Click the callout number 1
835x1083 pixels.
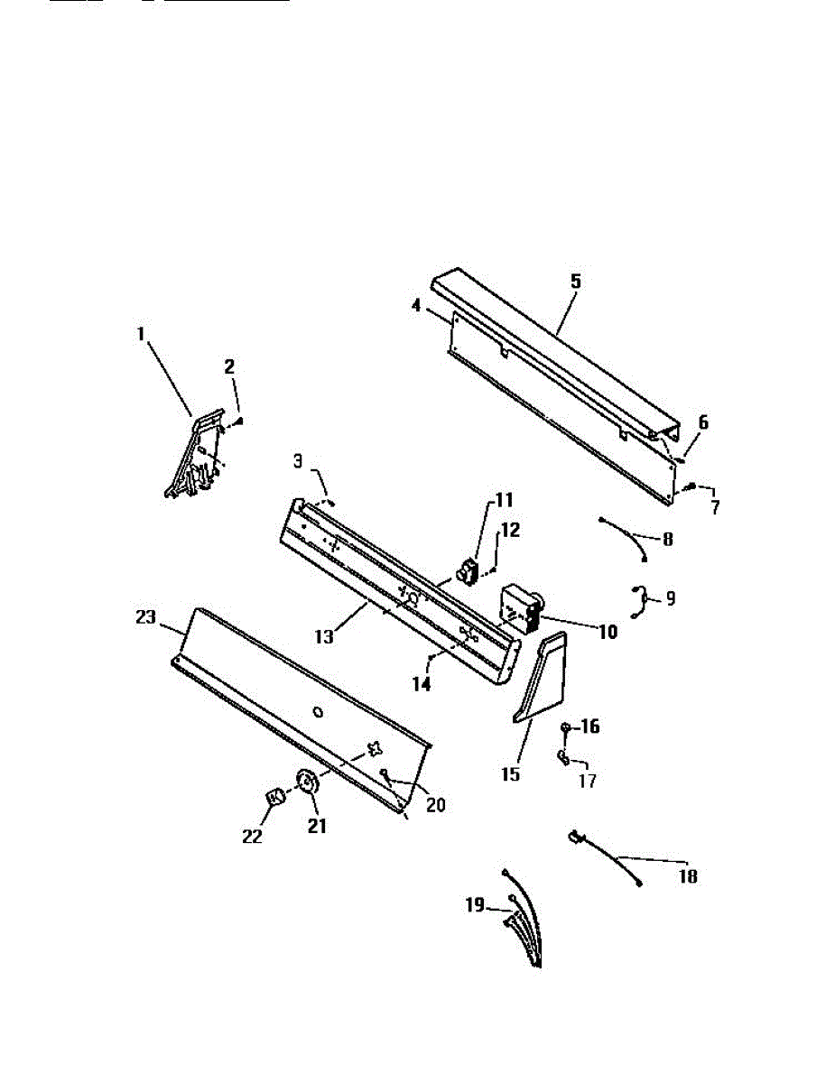click(x=141, y=334)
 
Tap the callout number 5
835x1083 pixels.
click(x=575, y=281)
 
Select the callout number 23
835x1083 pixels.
click(x=144, y=618)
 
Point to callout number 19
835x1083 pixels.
click(x=476, y=904)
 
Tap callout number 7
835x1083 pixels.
click(x=715, y=506)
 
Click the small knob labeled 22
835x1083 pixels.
click(x=275, y=796)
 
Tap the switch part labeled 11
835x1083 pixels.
click(x=469, y=571)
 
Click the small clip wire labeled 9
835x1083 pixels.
click(x=639, y=601)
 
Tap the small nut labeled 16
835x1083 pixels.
click(x=565, y=727)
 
